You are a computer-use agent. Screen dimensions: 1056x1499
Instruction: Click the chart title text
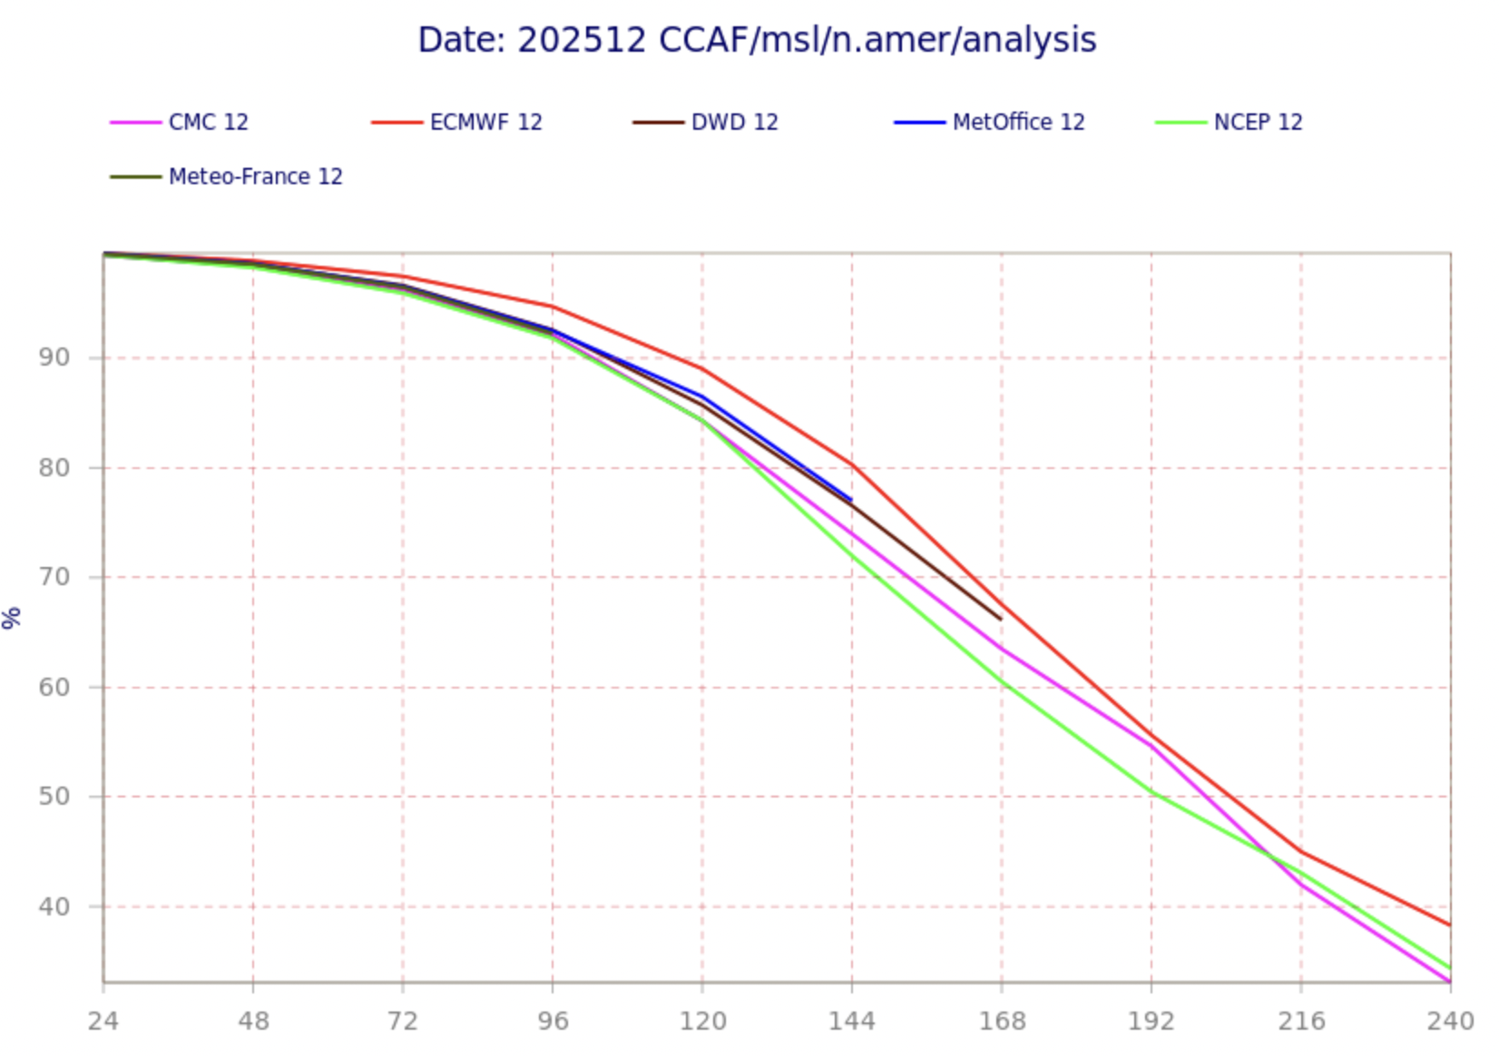[x=757, y=40]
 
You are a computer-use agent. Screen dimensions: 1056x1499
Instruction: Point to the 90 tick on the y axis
[x=54, y=357]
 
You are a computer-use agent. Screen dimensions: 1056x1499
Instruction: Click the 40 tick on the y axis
[x=54, y=906]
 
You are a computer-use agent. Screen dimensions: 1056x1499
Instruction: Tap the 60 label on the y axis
[x=54, y=687]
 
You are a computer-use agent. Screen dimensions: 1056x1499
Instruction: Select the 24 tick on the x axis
[x=103, y=1022]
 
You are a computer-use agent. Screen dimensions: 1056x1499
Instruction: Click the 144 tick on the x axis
[x=852, y=1022]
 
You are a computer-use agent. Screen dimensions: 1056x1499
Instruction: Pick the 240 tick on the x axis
[x=1449, y=1022]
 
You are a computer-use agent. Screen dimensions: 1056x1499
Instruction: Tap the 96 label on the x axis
[x=553, y=1022]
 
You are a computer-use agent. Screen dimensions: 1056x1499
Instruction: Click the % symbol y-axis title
[x=12, y=618]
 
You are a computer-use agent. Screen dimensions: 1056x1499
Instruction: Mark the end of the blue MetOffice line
[x=851, y=500]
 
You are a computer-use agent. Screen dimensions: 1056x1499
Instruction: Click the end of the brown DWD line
[x=1001, y=620]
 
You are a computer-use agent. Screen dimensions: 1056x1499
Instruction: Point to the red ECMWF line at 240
[x=1449, y=925]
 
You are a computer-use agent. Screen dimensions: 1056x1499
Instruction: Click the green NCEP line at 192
[x=1151, y=792]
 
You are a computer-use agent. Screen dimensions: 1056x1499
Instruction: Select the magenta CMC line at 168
[x=1002, y=649]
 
